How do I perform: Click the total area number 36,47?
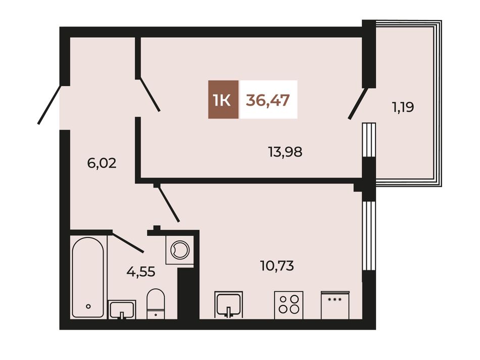click(268, 100)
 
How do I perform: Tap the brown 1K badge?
click(223, 99)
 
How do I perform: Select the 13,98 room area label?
click(285, 151)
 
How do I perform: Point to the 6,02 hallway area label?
click(102, 163)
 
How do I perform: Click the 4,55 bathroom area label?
click(141, 271)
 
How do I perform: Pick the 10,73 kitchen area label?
click(277, 266)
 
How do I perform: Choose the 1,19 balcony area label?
click(403, 108)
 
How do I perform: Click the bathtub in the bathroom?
click(88, 277)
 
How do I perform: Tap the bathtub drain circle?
click(88, 306)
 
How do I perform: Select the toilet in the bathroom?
click(156, 304)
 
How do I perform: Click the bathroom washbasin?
click(122, 310)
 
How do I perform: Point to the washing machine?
click(180, 249)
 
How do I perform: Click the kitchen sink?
click(229, 305)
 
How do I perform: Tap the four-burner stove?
click(289, 305)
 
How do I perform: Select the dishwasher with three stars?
click(335, 305)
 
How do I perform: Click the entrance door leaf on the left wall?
click(50, 105)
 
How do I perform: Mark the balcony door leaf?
click(358, 104)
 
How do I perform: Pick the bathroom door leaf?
click(127, 242)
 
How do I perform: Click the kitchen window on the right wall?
click(368, 236)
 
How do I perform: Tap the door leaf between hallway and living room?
click(150, 95)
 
